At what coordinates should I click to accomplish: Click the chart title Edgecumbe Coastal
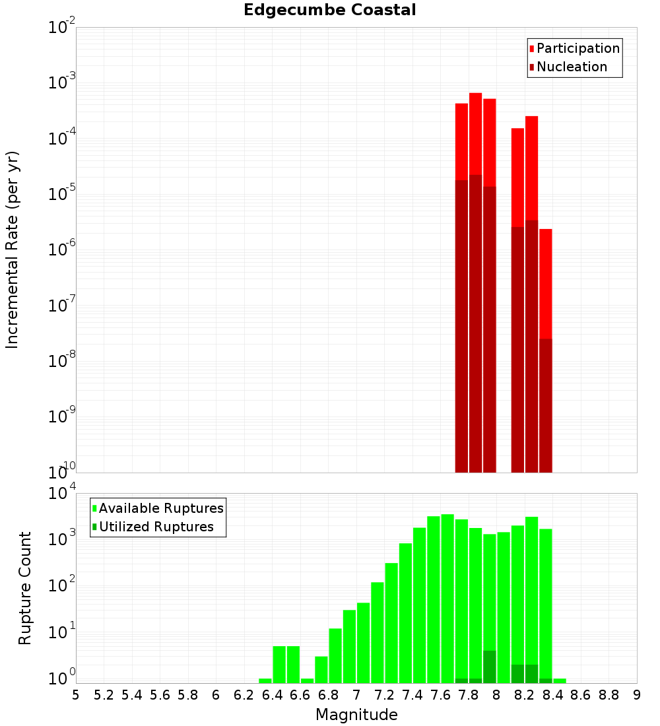click(329, 10)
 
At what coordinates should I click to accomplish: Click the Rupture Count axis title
click(25, 588)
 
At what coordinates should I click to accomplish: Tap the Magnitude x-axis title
click(356, 715)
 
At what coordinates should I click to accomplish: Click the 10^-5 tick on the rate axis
click(63, 194)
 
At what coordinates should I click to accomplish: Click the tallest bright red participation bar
click(475, 132)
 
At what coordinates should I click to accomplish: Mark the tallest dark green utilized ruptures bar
click(489, 667)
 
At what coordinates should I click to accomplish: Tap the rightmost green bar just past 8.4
click(559, 680)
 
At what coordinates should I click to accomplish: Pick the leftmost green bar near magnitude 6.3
click(265, 680)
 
